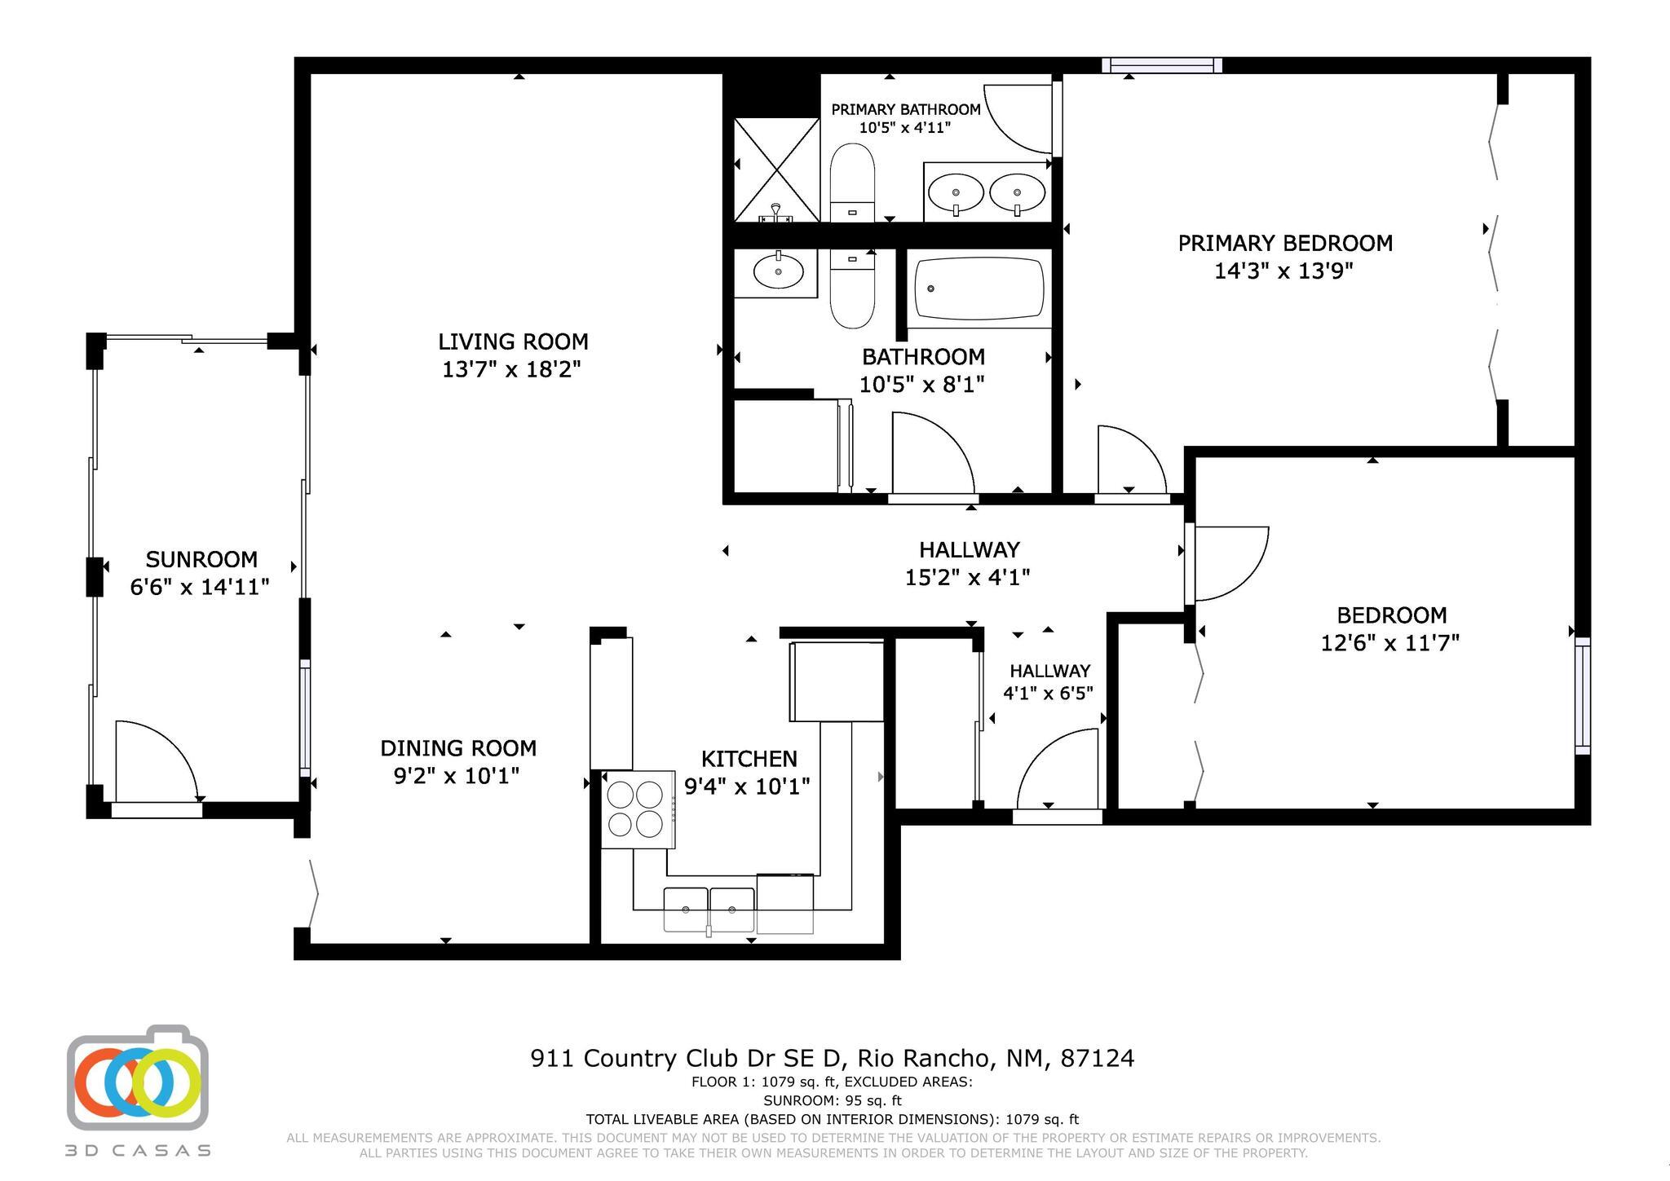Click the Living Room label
(x=513, y=342)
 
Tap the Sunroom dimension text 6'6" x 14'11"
(x=200, y=587)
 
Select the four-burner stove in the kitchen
(x=637, y=809)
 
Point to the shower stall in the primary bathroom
(x=776, y=170)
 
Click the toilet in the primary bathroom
(x=852, y=181)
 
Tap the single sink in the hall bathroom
(x=777, y=272)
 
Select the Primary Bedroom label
(x=1285, y=243)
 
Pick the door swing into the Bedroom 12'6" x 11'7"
(x=1226, y=562)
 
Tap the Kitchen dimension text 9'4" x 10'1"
(x=747, y=787)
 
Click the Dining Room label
(x=458, y=748)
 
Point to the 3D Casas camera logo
(x=138, y=1078)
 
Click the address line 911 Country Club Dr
(x=832, y=1059)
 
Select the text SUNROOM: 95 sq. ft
(x=832, y=1101)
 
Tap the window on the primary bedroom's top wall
(x=1161, y=65)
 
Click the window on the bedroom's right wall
(x=1582, y=696)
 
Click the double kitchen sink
(x=709, y=908)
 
